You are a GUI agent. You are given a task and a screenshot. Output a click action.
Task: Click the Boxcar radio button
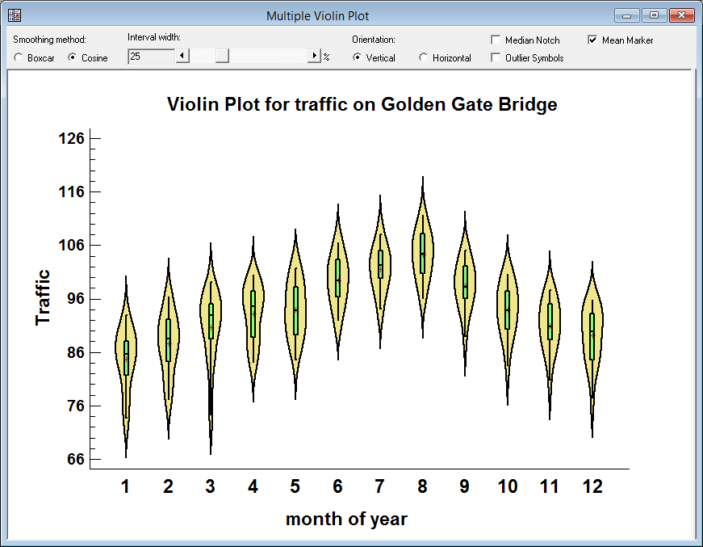pyautogui.click(x=19, y=57)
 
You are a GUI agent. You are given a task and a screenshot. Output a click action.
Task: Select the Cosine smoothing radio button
pyautogui.click(x=72, y=57)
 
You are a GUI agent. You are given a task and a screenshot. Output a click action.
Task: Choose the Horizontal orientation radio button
pyautogui.click(x=423, y=57)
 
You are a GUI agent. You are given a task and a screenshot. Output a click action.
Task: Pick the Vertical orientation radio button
pyautogui.click(x=357, y=57)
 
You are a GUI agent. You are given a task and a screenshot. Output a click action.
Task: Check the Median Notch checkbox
pyautogui.click(x=496, y=40)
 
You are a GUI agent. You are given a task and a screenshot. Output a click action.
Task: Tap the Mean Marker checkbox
pyautogui.click(x=592, y=40)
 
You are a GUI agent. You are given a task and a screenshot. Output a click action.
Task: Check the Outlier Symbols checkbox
pyautogui.click(x=496, y=57)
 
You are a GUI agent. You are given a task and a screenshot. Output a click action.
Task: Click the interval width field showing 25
pyautogui.click(x=151, y=57)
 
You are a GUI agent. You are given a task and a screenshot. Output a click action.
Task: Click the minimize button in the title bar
pyautogui.click(x=626, y=15)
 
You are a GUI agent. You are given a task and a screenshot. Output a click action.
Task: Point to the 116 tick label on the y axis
pyautogui.click(x=72, y=191)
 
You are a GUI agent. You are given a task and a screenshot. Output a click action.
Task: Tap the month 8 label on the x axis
pyautogui.click(x=422, y=486)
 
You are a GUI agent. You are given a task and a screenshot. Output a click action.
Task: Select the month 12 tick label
pyautogui.click(x=592, y=486)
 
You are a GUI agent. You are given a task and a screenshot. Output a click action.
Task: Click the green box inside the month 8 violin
pyautogui.click(x=422, y=253)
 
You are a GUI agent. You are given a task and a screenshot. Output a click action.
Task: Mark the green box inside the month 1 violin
pyautogui.click(x=126, y=358)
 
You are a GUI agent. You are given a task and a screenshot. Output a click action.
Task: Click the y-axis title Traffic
pyautogui.click(x=43, y=297)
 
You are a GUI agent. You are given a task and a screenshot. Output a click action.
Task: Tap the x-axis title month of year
pyautogui.click(x=346, y=519)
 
